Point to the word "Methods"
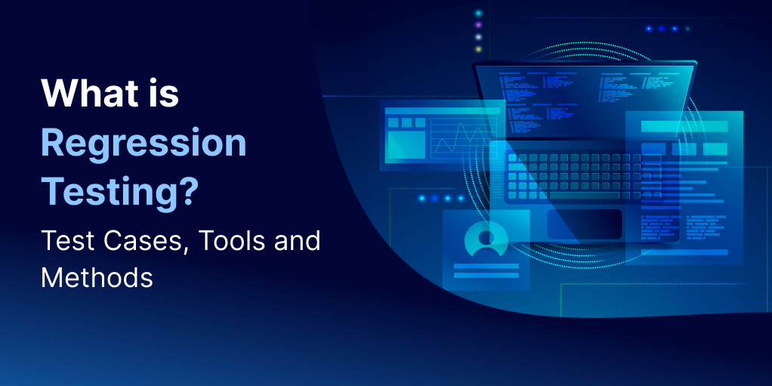97,278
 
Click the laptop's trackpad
585,224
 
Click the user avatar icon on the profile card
486,239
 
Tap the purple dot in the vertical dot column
478,25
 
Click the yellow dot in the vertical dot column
478,49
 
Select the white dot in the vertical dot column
478,37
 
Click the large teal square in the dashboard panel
406,145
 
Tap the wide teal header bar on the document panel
684,127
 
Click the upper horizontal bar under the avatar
486,267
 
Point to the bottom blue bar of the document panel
684,252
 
